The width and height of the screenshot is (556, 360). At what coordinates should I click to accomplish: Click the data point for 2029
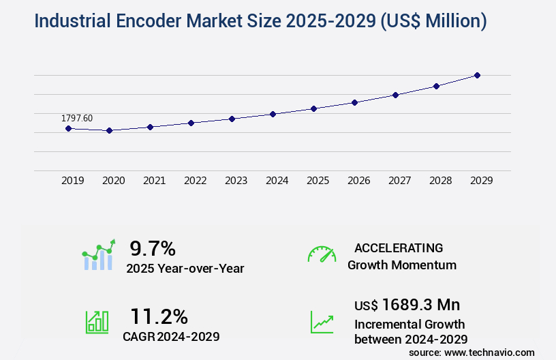(x=477, y=75)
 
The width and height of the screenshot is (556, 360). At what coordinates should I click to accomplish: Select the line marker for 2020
(x=109, y=130)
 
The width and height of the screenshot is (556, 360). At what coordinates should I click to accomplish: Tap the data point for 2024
(x=273, y=114)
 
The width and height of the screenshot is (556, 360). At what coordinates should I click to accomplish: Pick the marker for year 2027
(x=395, y=95)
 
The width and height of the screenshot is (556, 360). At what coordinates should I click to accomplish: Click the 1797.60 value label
(x=77, y=118)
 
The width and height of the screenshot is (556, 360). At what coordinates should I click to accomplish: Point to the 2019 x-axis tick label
(x=73, y=181)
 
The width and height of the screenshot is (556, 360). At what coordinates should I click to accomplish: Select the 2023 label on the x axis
(x=236, y=181)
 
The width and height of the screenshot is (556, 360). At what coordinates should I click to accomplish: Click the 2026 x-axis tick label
(x=359, y=181)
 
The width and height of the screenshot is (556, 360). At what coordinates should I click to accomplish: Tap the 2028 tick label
(x=441, y=181)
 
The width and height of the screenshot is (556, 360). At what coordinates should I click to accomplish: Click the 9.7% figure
(x=153, y=248)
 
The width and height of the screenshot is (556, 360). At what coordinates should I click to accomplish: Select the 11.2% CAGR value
(x=159, y=316)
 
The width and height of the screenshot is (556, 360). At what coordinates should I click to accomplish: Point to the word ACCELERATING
(x=399, y=248)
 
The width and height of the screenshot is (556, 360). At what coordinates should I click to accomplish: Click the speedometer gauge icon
(x=322, y=254)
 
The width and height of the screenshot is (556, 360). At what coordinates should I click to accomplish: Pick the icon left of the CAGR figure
(x=97, y=322)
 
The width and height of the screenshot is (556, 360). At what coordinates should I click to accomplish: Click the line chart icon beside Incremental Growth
(x=322, y=322)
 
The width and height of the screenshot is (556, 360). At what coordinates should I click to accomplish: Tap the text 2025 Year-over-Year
(x=185, y=269)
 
